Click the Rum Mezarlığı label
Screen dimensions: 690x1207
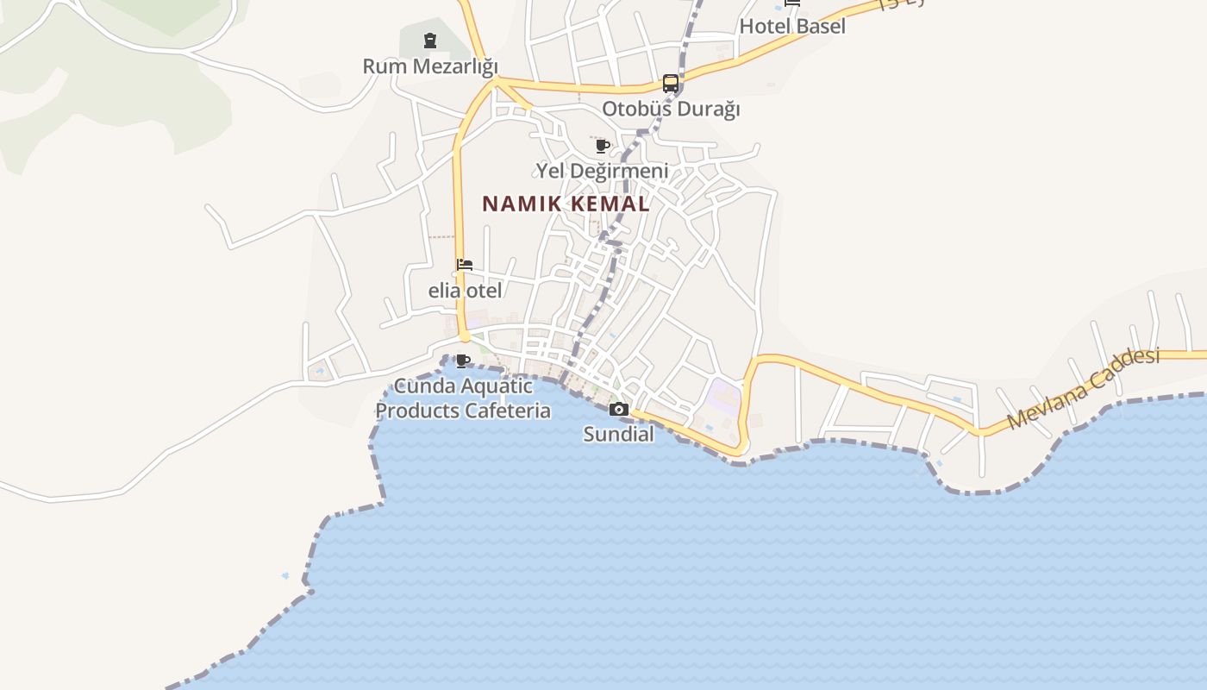[430, 66]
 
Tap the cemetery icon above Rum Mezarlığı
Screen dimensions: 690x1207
[430, 40]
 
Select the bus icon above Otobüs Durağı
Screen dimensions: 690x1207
[671, 84]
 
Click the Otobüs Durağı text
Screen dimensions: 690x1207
[671, 110]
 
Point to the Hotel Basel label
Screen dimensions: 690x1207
[792, 26]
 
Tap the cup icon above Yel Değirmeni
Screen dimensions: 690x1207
[603, 145]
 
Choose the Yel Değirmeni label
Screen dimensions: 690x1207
[602, 171]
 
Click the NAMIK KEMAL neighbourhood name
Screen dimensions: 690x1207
[566, 204]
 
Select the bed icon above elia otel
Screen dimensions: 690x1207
[465, 265]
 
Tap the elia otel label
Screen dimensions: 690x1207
[465, 291]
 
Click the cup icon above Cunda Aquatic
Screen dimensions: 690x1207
[463, 361]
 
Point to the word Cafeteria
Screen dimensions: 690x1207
[507, 411]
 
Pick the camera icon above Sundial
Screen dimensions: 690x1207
[619, 410]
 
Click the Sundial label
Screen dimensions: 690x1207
[619, 434]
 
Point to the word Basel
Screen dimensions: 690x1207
[820, 26]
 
